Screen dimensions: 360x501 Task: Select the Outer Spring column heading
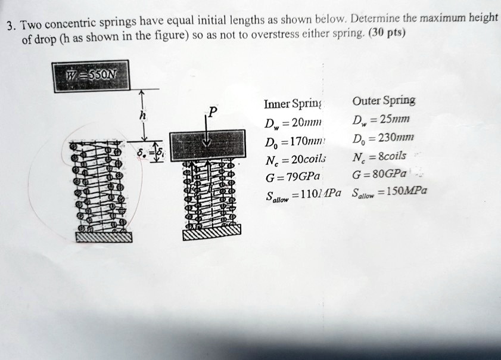point(383,100)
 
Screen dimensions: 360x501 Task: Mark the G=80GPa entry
point(380,173)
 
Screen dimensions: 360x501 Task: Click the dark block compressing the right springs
point(206,147)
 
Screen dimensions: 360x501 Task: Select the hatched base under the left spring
point(104,237)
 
